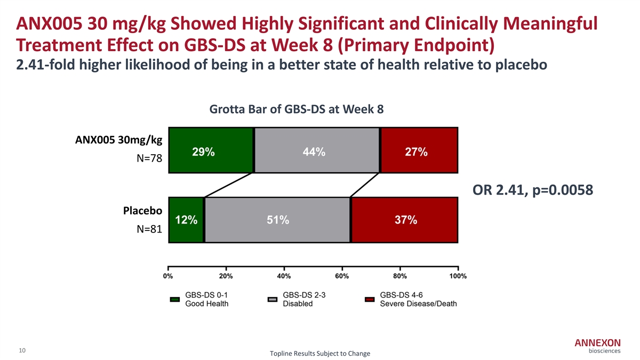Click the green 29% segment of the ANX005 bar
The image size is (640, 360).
pyautogui.click(x=211, y=151)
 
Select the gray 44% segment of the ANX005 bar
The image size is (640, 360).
pyautogui.click(x=317, y=151)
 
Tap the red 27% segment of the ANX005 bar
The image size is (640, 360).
pyautogui.click(x=419, y=151)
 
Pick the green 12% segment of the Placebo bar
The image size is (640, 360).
pyautogui.click(x=186, y=220)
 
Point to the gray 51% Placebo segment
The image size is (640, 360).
pyautogui.click(x=277, y=220)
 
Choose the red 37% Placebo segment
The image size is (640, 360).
pyautogui.click(x=404, y=220)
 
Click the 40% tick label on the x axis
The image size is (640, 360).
pyautogui.click(x=284, y=276)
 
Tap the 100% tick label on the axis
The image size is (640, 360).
pyautogui.click(x=458, y=276)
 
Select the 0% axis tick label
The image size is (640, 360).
pyautogui.click(x=168, y=276)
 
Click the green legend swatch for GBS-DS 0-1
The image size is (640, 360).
pyautogui.click(x=174, y=299)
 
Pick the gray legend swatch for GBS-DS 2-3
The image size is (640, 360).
pyautogui.click(x=272, y=299)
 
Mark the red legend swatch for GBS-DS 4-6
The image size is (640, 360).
pyautogui.click(x=370, y=299)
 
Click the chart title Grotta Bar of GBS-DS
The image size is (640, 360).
pyautogui.click(x=297, y=109)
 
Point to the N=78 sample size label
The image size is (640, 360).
pyautogui.click(x=149, y=159)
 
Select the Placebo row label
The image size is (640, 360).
pyautogui.click(x=142, y=211)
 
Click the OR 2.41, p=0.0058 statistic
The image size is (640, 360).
pyautogui.click(x=533, y=190)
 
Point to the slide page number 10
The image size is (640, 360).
pyautogui.click(x=22, y=350)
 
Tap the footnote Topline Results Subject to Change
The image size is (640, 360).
pyautogui.click(x=320, y=354)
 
